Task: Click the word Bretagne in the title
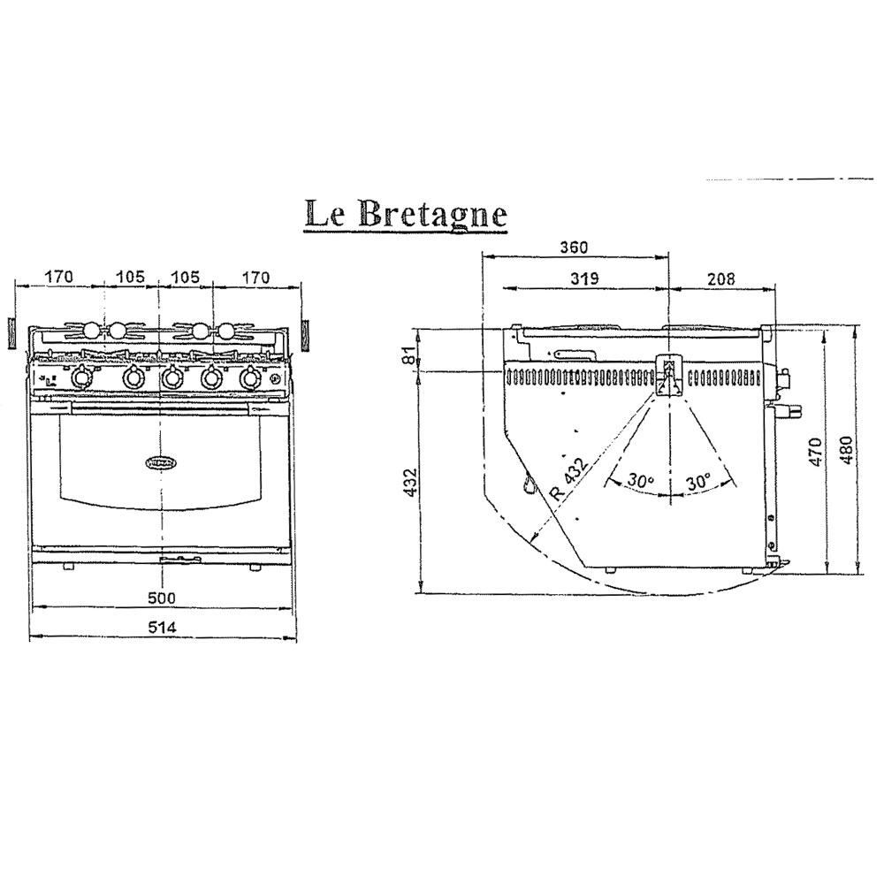pyautogui.click(x=432, y=215)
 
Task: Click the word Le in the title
pyautogui.click(x=324, y=213)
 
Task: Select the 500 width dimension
pyautogui.click(x=162, y=598)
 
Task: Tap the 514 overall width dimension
pyautogui.click(x=162, y=627)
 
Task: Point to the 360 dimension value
pyautogui.click(x=573, y=248)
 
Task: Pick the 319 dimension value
pyautogui.click(x=584, y=278)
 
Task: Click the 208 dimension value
pyautogui.click(x=720, y=278)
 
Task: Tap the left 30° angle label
pyautogui.click(x=640, y=481)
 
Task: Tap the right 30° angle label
pyautogui.click(x=698, y=482)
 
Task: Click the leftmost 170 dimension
pyautogui.click(x=58, y=278)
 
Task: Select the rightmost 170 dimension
pyautogui.click(x=255, y=278)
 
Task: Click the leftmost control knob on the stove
pyautogui.click(x=81, y=378)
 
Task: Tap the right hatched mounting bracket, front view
pyautogui.click(x=306, y=333)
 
